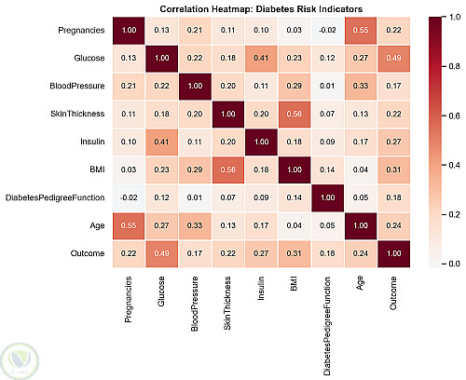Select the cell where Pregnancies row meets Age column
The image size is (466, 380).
tap(361, 31)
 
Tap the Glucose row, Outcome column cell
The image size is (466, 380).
tap(394, 59)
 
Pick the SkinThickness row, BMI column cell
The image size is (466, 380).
tap(295, 114)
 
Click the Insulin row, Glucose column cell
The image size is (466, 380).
tap(161, 142)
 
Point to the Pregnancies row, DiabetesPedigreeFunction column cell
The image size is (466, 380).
tap(327, 31)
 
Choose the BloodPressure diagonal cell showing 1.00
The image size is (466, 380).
tap(195, 86)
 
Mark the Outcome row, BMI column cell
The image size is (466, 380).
tap(295, 253)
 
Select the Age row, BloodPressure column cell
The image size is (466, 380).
tap(195, 225)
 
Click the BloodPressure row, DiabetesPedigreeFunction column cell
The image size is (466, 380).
tap(327, 86)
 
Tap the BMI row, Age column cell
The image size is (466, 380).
tap(361, 170)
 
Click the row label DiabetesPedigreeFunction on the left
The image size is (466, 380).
tap(55, 197)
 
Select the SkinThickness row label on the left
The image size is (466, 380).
tap(77, 114)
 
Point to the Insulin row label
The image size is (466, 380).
tap(92, 142)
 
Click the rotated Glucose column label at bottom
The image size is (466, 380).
tap(161, 292)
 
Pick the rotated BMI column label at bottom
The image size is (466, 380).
tap(294, 284)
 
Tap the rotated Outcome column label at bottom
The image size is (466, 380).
tap(393, 293)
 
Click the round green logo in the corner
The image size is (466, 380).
tap(20, 361)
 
